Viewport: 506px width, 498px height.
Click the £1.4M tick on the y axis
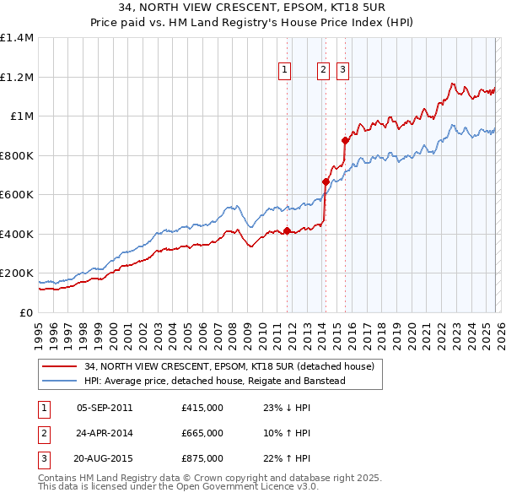click(17, 38)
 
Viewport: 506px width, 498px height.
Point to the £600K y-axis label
click(17, 195)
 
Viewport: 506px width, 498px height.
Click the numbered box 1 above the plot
click(286, 71)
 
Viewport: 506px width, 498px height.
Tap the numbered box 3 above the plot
click(343, 71)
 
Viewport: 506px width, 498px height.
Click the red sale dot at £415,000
click(287, 230)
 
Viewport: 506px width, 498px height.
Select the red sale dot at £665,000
click(326, 181)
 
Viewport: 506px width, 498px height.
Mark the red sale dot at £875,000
click(345, 140)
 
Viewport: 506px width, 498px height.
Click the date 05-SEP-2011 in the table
click(105, 408)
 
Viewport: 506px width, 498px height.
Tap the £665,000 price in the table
click(202, 433)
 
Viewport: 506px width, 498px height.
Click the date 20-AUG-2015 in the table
click(105, 458)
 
